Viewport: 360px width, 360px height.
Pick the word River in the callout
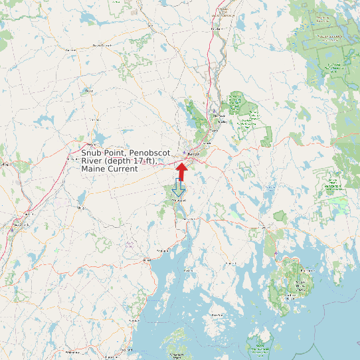pos(92,161)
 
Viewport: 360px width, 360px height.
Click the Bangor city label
pos(193,154)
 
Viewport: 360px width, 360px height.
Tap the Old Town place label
pos(214,130)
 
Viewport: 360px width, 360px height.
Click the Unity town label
pos(82,208)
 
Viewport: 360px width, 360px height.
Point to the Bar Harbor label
pos(308,271)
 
